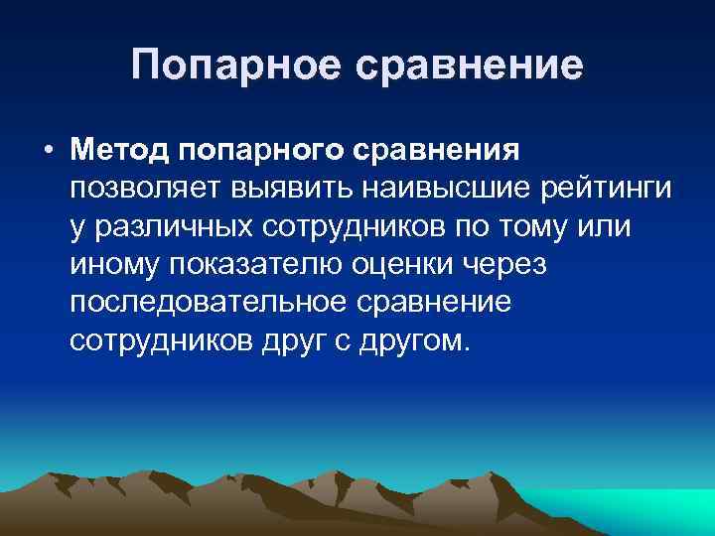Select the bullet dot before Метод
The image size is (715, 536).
[47, 151]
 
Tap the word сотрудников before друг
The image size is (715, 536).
[166, 339]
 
